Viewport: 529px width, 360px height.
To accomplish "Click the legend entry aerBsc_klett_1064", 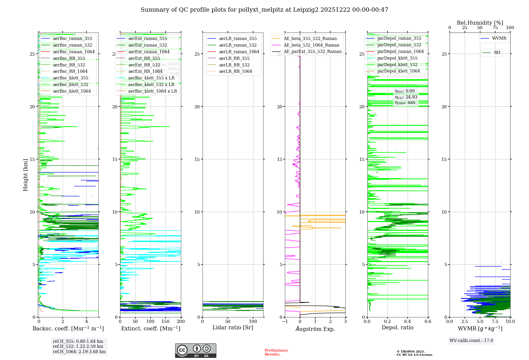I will (72, 91).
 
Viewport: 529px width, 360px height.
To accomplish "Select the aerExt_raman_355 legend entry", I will (148, 38).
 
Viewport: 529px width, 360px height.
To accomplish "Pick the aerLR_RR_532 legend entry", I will (234, 65).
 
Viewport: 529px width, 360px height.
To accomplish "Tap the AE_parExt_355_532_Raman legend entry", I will (312, 51).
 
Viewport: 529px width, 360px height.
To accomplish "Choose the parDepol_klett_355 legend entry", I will (397, 58).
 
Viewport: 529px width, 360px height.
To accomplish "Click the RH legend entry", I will (497, 53).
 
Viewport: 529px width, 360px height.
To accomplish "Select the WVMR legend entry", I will (499, 38).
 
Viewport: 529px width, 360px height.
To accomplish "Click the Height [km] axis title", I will (25, 175).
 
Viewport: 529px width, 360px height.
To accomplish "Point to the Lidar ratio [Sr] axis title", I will (233, 327).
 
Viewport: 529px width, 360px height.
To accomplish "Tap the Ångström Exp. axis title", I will (315, 329).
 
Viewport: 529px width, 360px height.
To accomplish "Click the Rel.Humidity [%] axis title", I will (480, 23).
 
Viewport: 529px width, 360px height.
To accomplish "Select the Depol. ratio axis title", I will (397, 327).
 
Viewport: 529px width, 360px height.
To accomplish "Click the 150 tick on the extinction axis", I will (166, 321).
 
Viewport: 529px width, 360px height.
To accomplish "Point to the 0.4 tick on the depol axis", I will (408, 321).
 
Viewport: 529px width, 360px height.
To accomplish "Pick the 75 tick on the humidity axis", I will (495, 28).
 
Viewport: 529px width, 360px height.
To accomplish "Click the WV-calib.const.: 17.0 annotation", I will (471, 340).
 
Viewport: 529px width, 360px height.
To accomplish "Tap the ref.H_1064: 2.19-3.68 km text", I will (79, 352).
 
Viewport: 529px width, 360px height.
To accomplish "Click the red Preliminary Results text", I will (276, 352).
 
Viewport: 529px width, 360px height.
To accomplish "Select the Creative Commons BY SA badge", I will (195, 350).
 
